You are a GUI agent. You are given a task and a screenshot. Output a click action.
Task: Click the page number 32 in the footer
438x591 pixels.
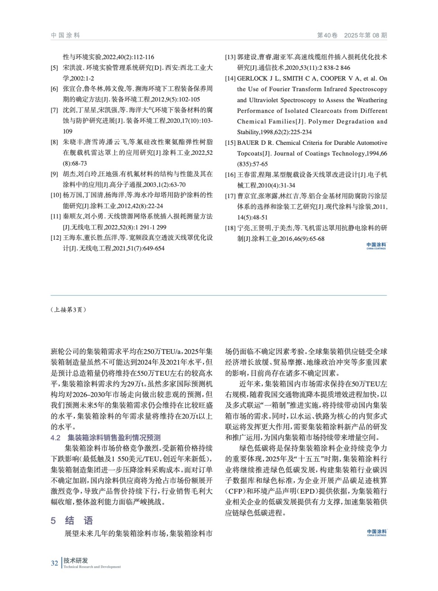click(x=54, y=563)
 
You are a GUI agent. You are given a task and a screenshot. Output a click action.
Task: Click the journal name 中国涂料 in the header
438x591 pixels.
click(x=65, y=35)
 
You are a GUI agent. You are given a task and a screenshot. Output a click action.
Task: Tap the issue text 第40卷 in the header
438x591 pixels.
click(x=327, y=35)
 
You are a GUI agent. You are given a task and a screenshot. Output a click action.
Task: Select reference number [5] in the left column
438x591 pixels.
click(x=54, y=68)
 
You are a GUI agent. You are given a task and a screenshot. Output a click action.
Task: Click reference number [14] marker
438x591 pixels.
click(x=230, y=79)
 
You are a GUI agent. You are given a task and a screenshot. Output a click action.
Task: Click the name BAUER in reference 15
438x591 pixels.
click(x=248, y=143)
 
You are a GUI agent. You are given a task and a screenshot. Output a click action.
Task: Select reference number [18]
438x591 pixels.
click(x=230, y=228)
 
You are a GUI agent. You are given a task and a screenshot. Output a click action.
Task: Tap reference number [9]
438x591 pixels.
click(x=54, y=174)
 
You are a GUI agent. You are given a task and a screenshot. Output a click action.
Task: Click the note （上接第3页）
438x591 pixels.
click(x=69, y=310)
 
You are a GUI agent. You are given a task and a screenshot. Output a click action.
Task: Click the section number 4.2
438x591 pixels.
click(x=55, y=438)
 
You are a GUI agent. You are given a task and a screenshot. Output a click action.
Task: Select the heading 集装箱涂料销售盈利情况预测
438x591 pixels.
click(x=114, y=438)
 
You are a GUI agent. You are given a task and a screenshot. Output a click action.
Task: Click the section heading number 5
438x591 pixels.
click(x=54, y=521)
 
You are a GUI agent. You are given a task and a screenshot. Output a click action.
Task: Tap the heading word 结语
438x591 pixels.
click(x=79, y=521)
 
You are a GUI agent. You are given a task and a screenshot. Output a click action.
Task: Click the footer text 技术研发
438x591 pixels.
click(x=76, y=560)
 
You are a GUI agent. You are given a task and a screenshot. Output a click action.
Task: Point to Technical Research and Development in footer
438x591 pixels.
click(x=92, y=567)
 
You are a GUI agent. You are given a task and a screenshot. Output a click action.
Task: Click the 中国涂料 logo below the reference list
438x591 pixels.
click(x=376, y=246)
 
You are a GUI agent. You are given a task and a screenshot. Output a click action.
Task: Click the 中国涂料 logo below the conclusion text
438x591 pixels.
click(x=376, y=532)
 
